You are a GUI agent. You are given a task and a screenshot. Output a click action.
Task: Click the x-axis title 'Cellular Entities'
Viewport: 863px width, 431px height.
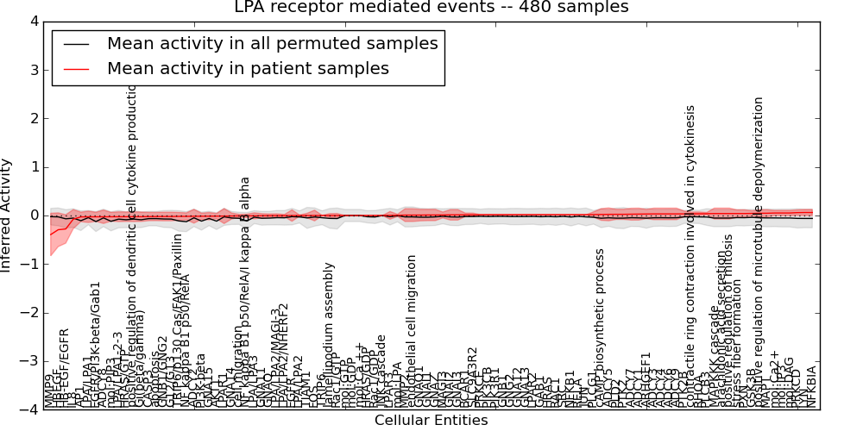point(431,421)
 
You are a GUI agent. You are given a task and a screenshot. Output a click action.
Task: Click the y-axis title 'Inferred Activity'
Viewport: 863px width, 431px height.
point(7,215)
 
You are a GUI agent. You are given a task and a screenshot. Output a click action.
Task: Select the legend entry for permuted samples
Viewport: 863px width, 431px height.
point(272,43)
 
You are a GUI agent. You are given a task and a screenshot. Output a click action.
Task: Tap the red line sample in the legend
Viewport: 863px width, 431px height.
point(77,68)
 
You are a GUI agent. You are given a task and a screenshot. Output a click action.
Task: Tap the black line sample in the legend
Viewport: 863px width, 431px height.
point(77,43)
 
